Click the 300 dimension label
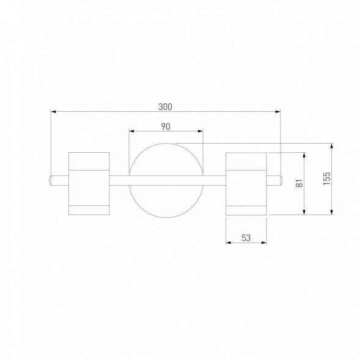pos(165,107)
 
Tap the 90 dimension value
pos(166,127)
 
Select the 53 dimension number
pos(246,238)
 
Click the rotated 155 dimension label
pos(327,178)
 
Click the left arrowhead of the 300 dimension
pos(53,112)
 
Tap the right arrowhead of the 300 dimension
pos(278,112)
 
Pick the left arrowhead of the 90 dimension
pos(131,131)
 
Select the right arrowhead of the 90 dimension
pos(200,131)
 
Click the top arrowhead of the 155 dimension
pos(331,146)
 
